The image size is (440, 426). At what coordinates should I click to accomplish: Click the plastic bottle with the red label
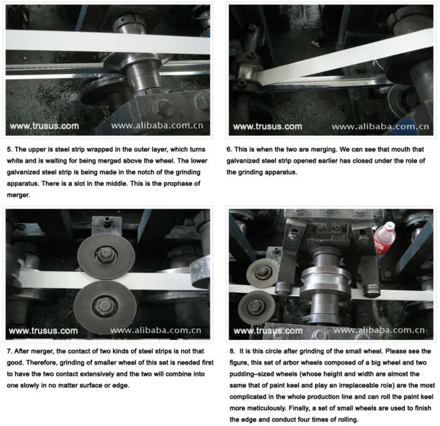tap(384, 239)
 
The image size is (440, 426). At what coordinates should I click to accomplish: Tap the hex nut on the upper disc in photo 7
tap(106, 254)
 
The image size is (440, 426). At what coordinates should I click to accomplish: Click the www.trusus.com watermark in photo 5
tap(44, 126)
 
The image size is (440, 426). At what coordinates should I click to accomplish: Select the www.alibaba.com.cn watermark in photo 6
tap(380, 127)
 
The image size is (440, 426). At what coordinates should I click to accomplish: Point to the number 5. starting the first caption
tap(10, 149)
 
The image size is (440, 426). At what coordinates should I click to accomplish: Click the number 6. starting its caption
tap(229, 149)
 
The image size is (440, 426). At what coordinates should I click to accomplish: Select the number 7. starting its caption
tap(9, 351)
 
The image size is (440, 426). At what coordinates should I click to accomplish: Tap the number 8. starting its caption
tap(232, 351)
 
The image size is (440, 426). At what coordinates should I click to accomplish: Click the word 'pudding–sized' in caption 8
tap(250, 374)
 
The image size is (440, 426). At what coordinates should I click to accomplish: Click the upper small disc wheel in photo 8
tap(263, 272)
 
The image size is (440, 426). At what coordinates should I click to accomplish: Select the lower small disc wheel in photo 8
tap(256, 307)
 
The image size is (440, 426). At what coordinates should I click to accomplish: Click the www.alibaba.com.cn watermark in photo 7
tap(156, 330)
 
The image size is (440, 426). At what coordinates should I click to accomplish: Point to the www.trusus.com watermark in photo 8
tap(268, 331)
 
